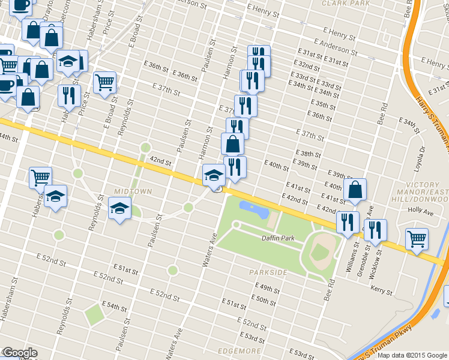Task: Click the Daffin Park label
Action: [x=278, y=238]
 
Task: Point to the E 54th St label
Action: [x=115, y=307]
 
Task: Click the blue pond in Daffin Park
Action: [x=255, y=209]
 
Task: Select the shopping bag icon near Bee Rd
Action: [x=356, y=189]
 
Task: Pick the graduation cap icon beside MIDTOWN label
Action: [x=119, y=208]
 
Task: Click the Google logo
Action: [x=19, y=353]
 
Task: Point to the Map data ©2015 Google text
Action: [x=412, y=355]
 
